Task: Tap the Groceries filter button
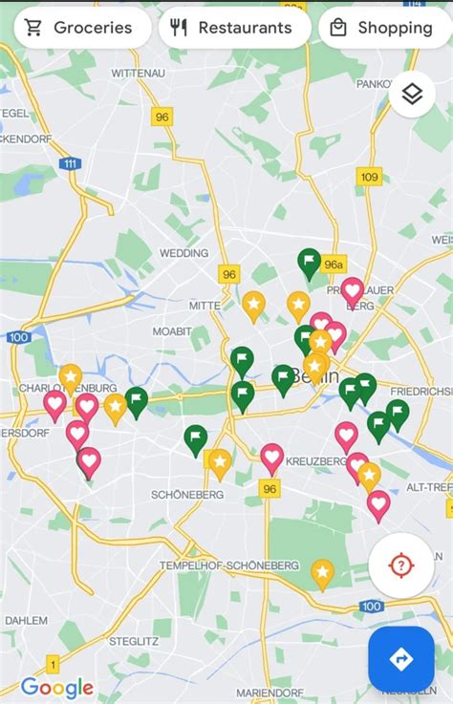80,28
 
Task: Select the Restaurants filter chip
233,28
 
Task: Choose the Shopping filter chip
382,28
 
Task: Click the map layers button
412,94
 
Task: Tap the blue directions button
401,658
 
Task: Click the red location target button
400,565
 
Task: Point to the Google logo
57,687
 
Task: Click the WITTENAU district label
139,74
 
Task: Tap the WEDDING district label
183,253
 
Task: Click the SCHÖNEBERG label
186,494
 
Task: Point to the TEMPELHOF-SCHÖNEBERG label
229,565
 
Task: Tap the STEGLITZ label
132,640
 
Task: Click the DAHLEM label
25,620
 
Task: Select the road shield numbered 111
70,164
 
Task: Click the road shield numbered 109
369,177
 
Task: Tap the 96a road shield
333,264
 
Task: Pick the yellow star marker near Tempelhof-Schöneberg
323,573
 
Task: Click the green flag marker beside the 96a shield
309,261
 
